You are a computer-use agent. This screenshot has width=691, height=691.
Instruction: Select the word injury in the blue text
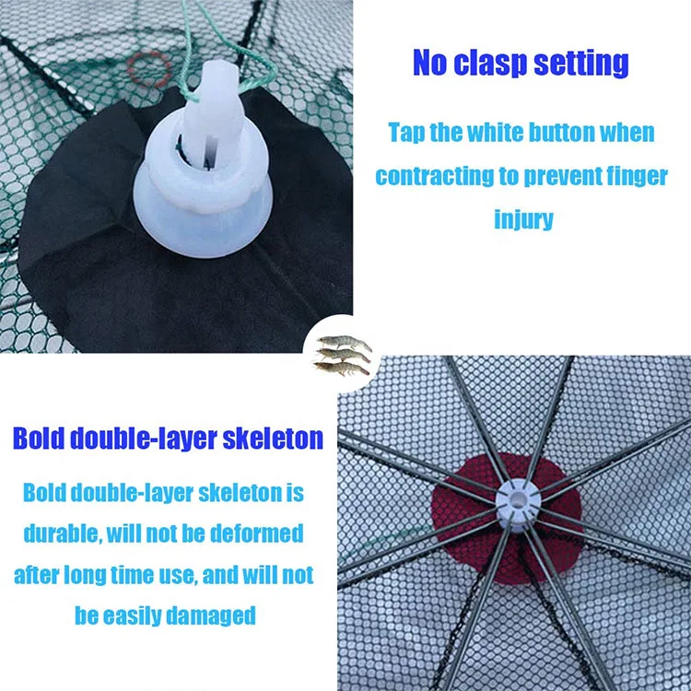(523, 219)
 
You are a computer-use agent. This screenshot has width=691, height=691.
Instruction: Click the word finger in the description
(622, 176)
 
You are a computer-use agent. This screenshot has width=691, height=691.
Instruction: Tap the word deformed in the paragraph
(254, 533)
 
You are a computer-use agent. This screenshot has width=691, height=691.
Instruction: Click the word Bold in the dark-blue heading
(39, 437)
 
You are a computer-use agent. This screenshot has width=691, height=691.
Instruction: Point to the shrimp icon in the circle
(344, 356)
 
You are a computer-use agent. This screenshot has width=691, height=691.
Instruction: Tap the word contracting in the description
(434, 176)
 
